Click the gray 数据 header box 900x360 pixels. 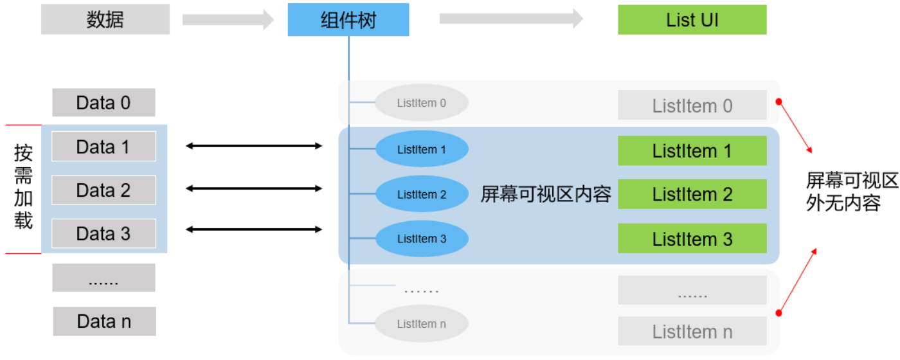point(105,19)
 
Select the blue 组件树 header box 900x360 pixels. point(348,20)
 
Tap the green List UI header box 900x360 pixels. point(692,20)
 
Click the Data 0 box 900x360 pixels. point(104,102)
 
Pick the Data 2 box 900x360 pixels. point(104,190)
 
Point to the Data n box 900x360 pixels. point(104,321)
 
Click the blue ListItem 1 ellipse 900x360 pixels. point(422,149)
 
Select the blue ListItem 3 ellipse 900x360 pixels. point(422,239)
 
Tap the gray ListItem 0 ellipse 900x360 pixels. point(422,102)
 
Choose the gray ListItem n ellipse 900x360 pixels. point(422,323)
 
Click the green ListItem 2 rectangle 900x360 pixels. point(692,194)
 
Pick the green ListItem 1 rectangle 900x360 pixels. point(692,150)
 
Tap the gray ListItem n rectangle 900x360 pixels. point(692,331)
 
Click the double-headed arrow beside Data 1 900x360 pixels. point(254,146)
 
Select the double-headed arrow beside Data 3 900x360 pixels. point(254,230)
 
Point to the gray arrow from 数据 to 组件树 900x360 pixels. point(228,19)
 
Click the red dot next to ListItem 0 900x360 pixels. point(779,102)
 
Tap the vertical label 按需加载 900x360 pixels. point(23,186)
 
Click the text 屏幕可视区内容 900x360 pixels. point(546,194)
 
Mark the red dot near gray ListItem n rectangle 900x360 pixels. point(779,313)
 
